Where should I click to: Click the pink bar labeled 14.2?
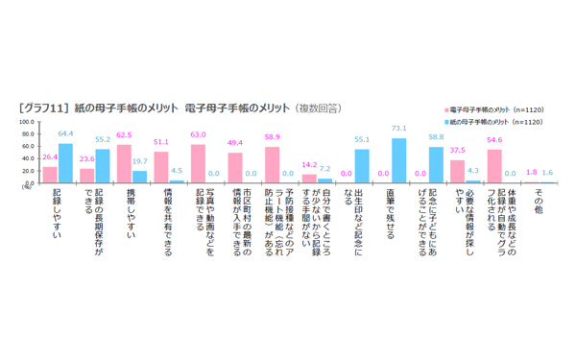309,178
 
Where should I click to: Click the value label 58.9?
272,138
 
